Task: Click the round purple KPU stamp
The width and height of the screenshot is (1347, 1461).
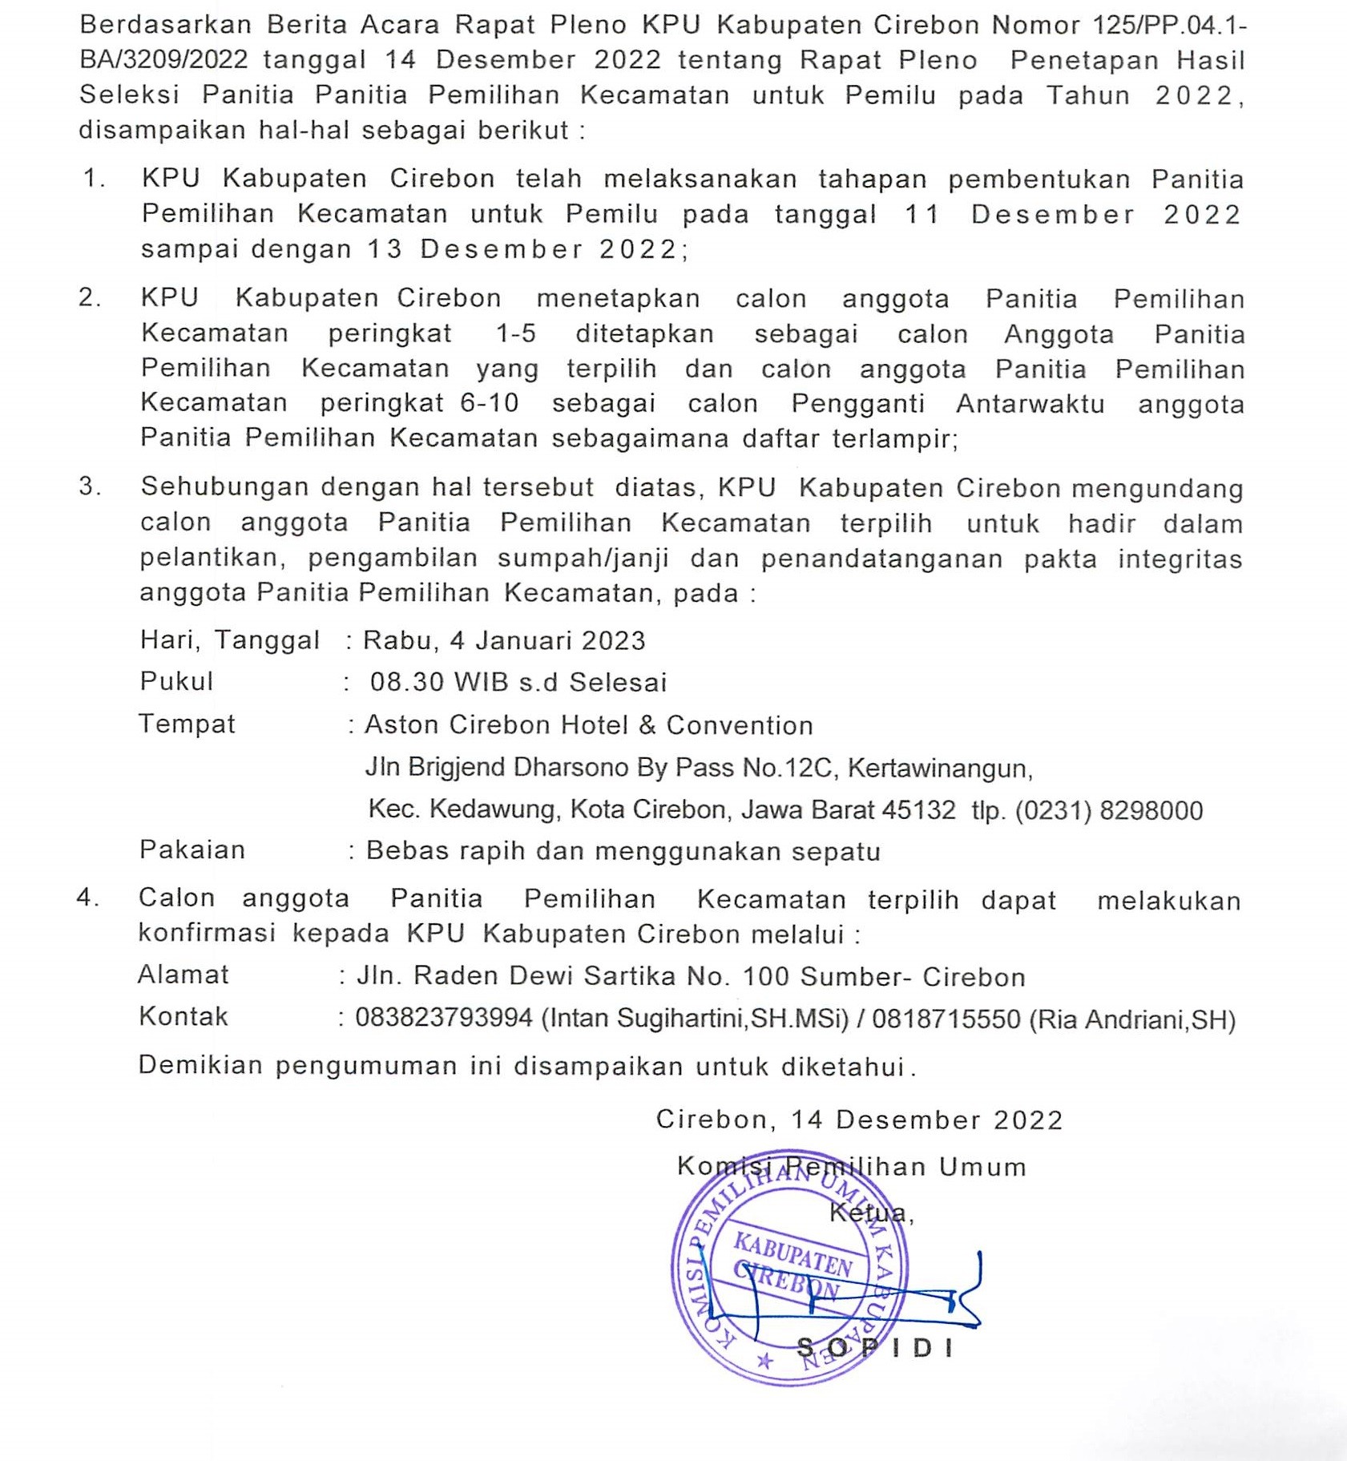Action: point(790,1277)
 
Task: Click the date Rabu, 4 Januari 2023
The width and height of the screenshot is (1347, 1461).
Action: point(504,640)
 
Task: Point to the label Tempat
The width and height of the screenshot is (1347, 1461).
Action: point(187,724)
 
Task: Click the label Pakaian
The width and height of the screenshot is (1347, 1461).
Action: point(192,850)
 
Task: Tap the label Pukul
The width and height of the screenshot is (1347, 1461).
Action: point(176,682)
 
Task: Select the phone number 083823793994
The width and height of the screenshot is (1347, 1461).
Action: point(444,1018)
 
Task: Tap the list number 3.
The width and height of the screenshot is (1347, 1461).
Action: point(89,486)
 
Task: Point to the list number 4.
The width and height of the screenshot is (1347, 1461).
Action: point(87,898)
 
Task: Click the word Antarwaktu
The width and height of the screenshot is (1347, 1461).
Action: point(1030,403)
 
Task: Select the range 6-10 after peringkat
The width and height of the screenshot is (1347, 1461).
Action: point(490,402)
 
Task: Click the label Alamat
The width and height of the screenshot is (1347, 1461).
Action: point(183,975)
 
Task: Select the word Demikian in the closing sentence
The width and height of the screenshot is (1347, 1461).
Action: point(200,1065)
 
